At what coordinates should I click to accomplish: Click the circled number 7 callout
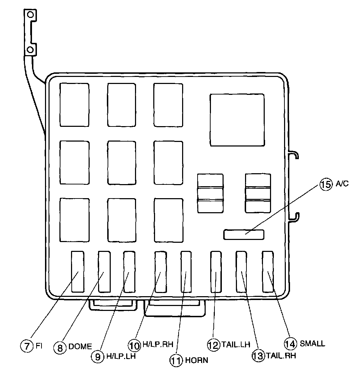(x=26, y=345)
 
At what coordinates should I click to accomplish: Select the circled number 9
(x=97, y=356)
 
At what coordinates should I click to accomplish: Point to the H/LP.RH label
(x=158, y=345)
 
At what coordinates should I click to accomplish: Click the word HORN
(x=197, y=360)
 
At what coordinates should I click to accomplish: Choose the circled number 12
(x=213, y=345)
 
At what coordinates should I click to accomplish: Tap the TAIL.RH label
(x=280, y=355)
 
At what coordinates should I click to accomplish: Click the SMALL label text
(x=312, y=343)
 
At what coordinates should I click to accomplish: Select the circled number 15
(x=326, y=184)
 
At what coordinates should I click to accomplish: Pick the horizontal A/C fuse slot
(x=244, y=234)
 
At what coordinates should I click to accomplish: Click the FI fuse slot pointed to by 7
(x=78, y=271)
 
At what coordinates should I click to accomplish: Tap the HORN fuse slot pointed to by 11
(x=187, y=271)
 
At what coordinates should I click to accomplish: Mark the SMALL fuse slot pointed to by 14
(x=268, y=271)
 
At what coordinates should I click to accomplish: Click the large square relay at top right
(x=237, y=119)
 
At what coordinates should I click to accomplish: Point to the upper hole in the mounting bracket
(x=31, y=15)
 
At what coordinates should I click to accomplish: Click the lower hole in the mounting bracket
(x=31, y=50)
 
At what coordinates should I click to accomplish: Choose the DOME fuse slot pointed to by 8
(x=104, y=271)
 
